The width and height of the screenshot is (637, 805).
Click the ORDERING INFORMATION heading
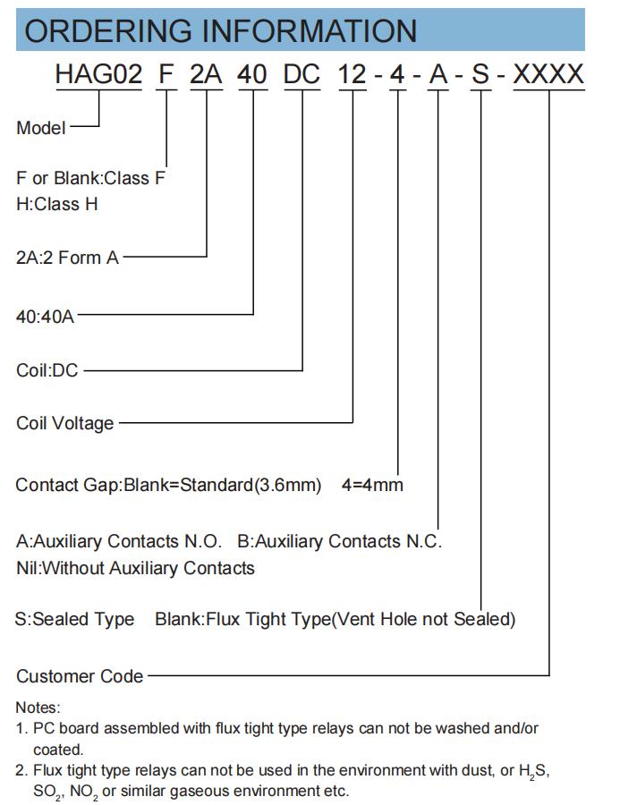coord(220,30)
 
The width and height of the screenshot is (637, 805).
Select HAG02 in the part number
coord(98,74)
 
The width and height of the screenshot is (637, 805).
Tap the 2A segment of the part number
coord(206,74)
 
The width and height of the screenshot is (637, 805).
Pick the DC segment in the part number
coord(302,74)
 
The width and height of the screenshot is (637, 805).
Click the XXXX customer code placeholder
coord(548,74)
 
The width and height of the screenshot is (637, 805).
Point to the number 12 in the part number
coord(352,74)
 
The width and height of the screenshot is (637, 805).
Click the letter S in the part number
coord(480,74)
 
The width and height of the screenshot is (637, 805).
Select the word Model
coord(41,128)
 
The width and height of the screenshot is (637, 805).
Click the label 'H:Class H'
coord(57,204)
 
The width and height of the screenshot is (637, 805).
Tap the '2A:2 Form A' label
coord(67,258)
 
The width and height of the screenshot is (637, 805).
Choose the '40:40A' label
coord(46,317)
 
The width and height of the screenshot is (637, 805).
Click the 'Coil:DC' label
coord(47,370)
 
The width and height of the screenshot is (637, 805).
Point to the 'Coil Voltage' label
coord(65,424)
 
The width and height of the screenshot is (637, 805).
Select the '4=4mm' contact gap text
coord(372,485)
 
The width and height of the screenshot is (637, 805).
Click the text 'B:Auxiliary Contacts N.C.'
coord(340,541)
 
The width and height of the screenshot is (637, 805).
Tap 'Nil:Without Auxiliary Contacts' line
coord(136,568)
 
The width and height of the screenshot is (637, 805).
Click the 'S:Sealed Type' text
coord(75,619)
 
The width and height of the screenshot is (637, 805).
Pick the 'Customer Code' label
coord(80,676)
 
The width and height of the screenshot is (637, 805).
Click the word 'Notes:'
coord(38,708)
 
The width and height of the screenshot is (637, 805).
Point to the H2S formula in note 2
coord(533,771)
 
